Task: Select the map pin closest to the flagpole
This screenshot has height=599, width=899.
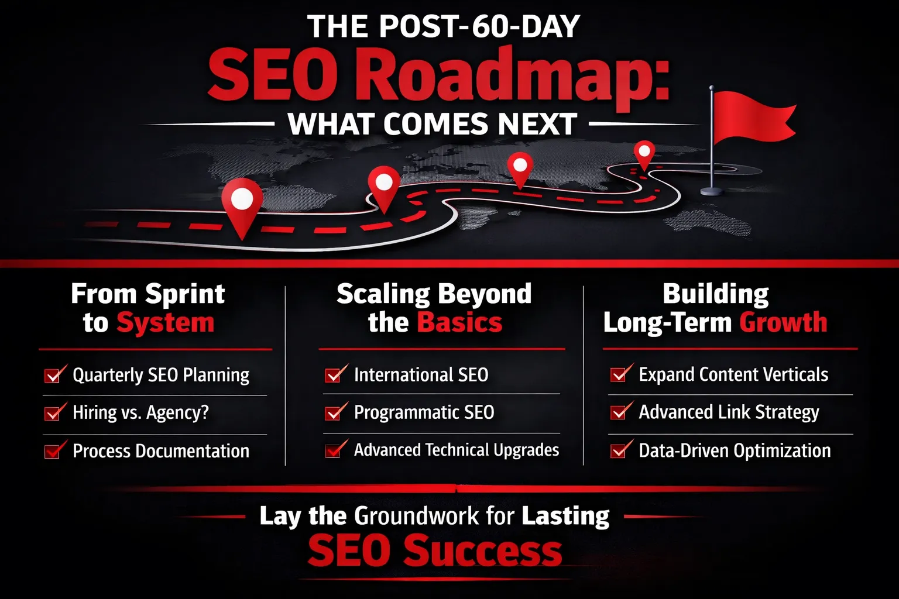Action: pos(644,155)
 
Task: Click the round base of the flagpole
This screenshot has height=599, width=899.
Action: pos(712,191)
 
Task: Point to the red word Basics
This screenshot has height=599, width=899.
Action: pos(459,322)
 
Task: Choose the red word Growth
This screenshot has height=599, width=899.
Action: pos(783,322)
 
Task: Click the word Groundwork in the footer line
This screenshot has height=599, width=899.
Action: pos(417,516)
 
